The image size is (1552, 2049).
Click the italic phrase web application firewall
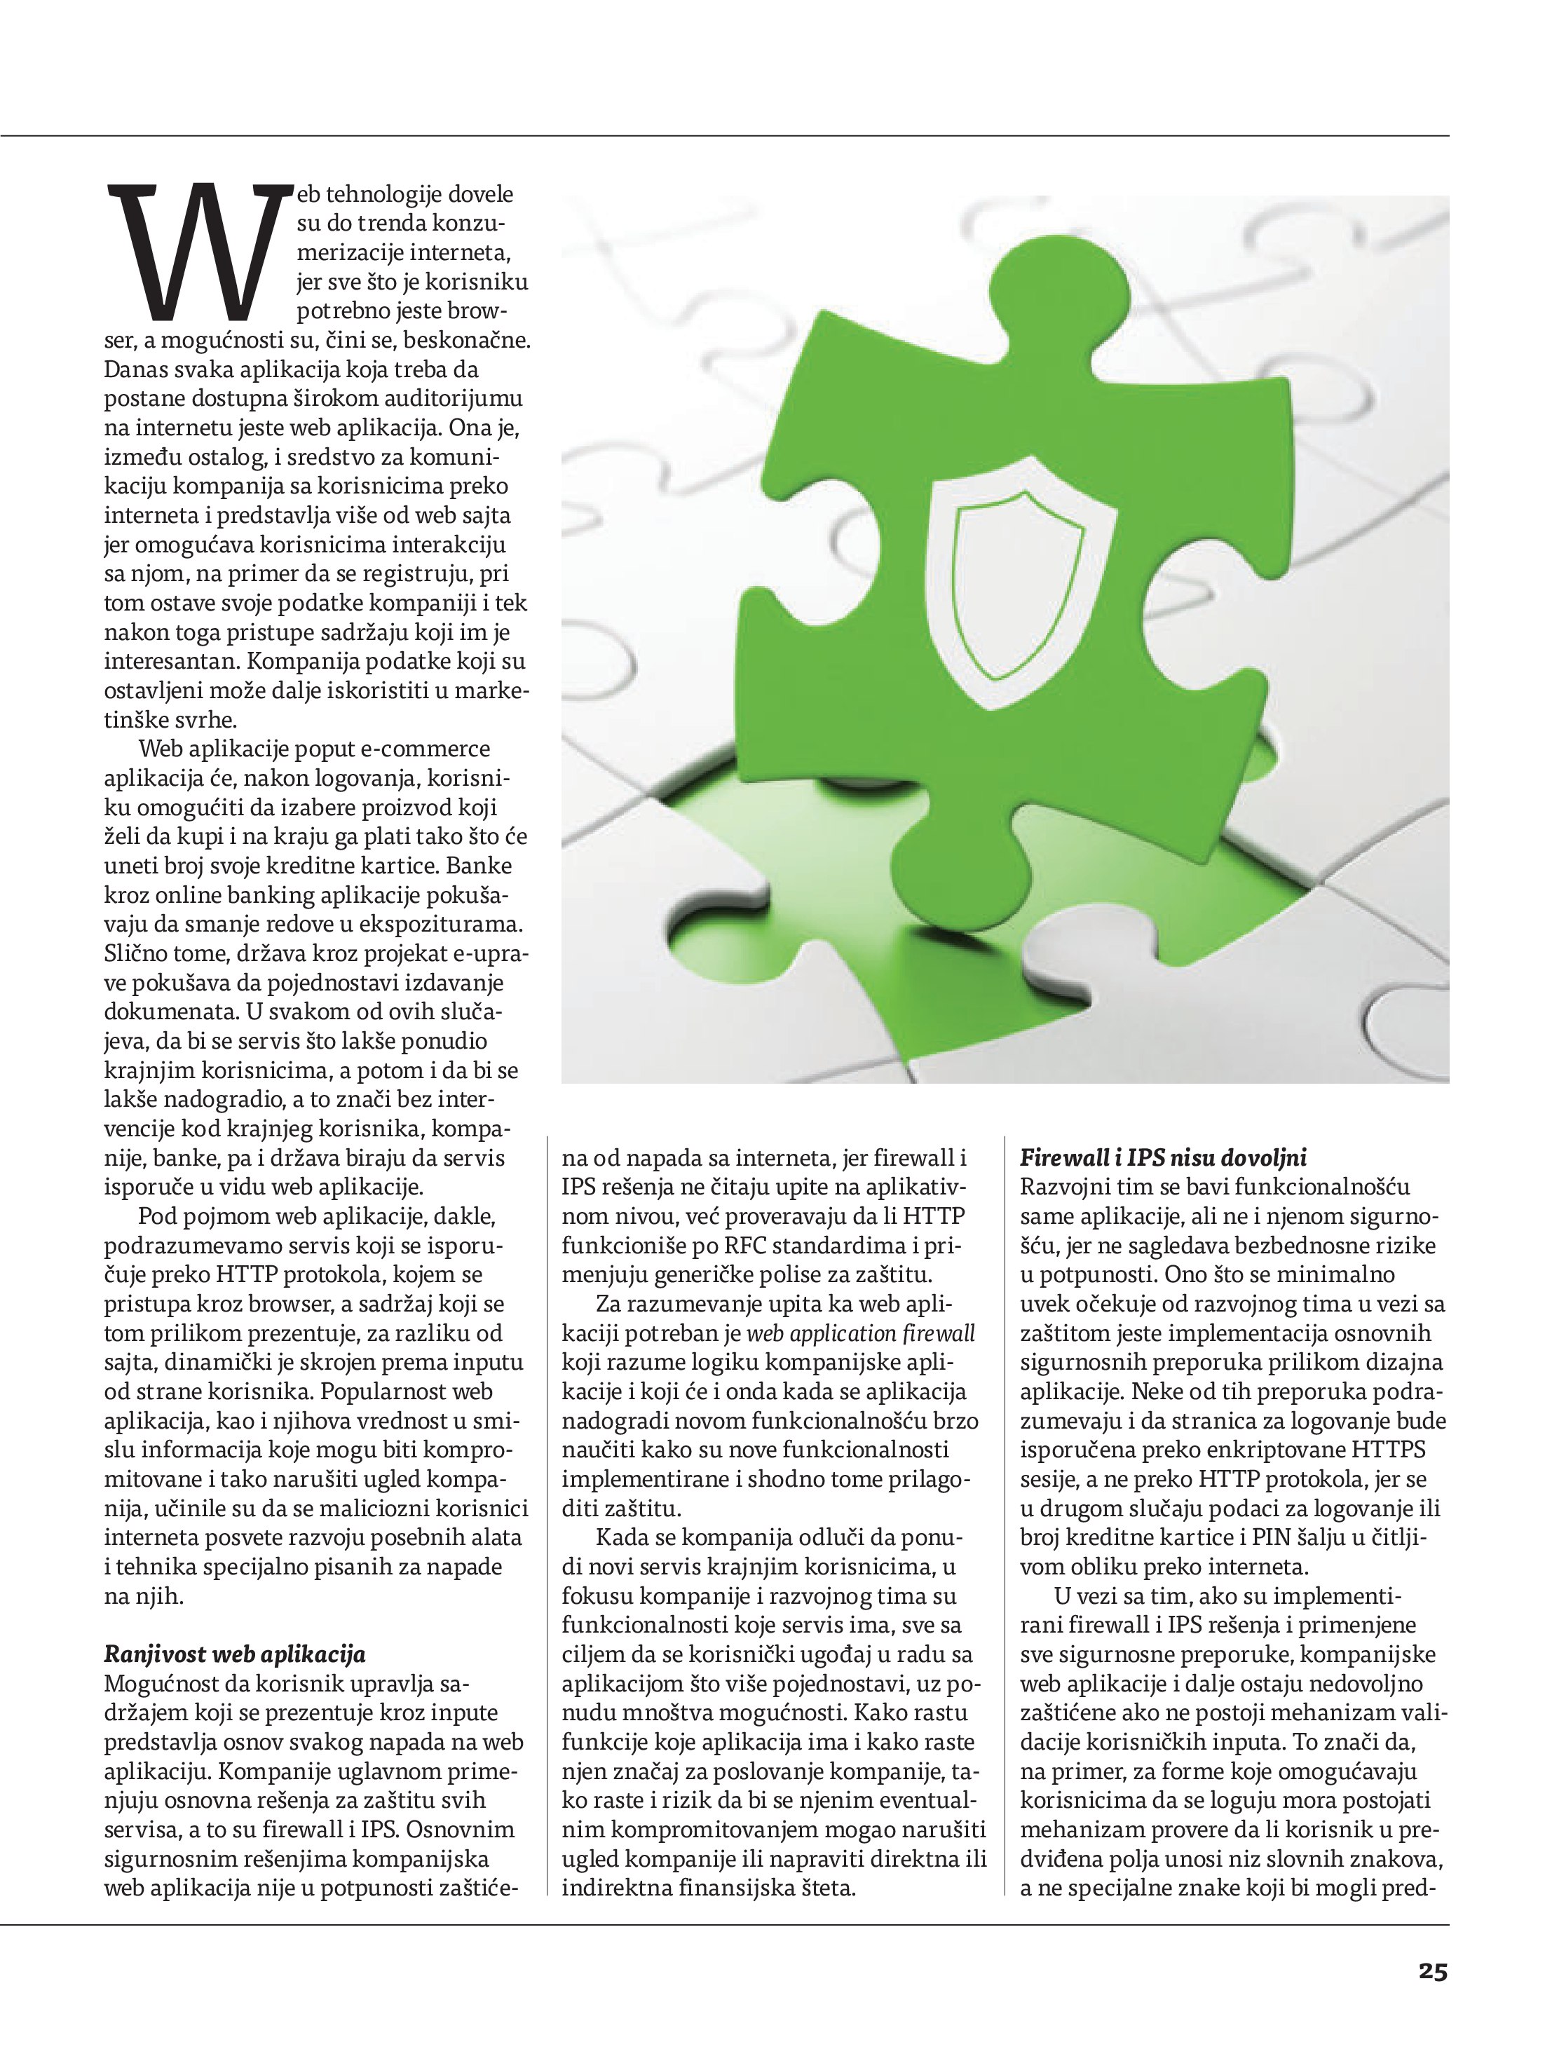pos(860,1333)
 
